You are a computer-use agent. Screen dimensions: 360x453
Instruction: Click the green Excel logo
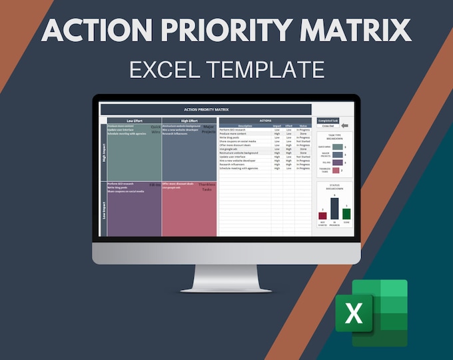(370, 313)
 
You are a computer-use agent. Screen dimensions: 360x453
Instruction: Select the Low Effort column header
(134, 121)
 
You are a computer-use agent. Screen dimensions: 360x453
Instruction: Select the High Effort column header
(189, 121)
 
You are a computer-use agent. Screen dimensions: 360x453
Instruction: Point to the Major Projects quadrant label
(209, 129)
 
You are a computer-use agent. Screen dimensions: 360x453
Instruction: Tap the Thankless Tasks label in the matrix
(207, 187)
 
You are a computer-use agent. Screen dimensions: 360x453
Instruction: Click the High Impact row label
(103, 153)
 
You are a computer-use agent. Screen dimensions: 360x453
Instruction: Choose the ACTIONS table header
(264, 120)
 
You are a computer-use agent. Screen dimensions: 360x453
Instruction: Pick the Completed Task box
(328, 121)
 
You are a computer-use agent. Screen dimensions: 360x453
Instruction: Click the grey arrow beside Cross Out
(344, 125)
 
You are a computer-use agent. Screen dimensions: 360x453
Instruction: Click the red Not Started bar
(322, 215)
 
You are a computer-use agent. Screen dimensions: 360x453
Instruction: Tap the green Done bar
(346, 213)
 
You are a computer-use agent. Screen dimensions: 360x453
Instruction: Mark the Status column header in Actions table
(303, 125)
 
